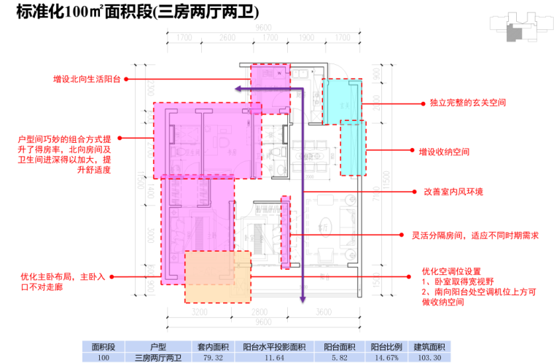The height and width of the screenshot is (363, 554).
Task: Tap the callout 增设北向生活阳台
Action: (88, 79)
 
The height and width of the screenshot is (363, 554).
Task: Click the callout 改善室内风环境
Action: (453, 192)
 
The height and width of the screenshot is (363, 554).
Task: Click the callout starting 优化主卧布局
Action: (63, 282)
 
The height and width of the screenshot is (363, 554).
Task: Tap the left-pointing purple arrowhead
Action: (238, 87)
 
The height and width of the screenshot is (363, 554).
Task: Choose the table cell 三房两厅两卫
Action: (158, 358)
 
